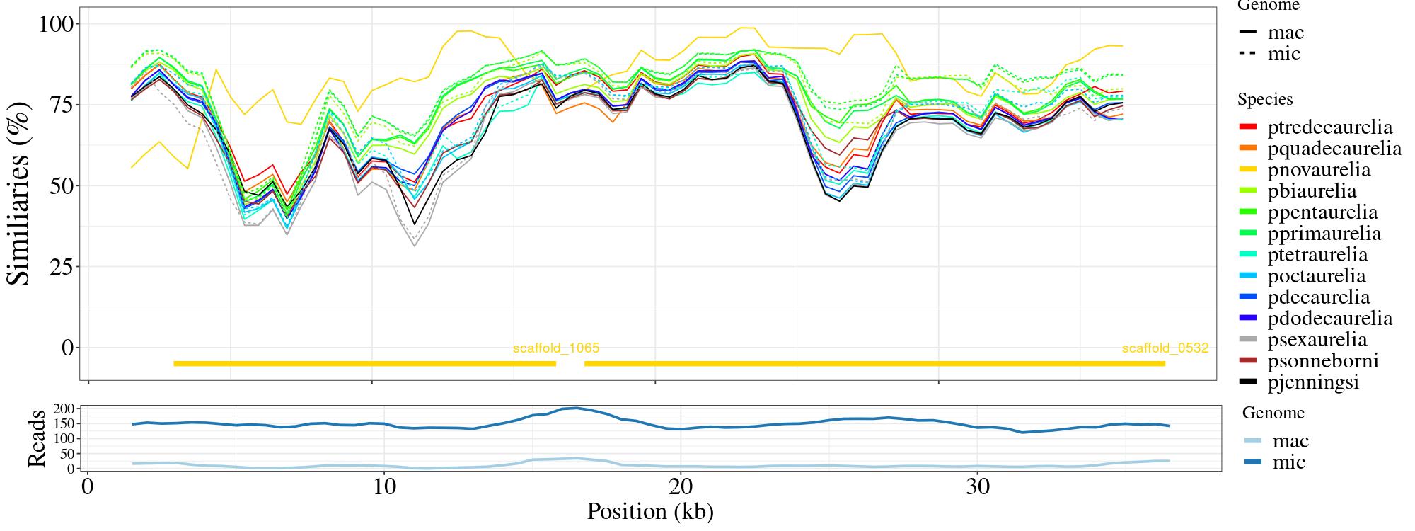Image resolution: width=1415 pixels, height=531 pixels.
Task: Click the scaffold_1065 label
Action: click(x=556, y=348)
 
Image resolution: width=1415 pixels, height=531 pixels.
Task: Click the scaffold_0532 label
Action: click(x=1165, y=348)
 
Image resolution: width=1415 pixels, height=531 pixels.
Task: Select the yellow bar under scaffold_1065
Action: click(x=364, y=364)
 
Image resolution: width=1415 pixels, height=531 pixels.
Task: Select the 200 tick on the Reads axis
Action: click(x=64, y=409)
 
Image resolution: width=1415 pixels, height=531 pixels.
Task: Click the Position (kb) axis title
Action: click(x=649, y=512)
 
